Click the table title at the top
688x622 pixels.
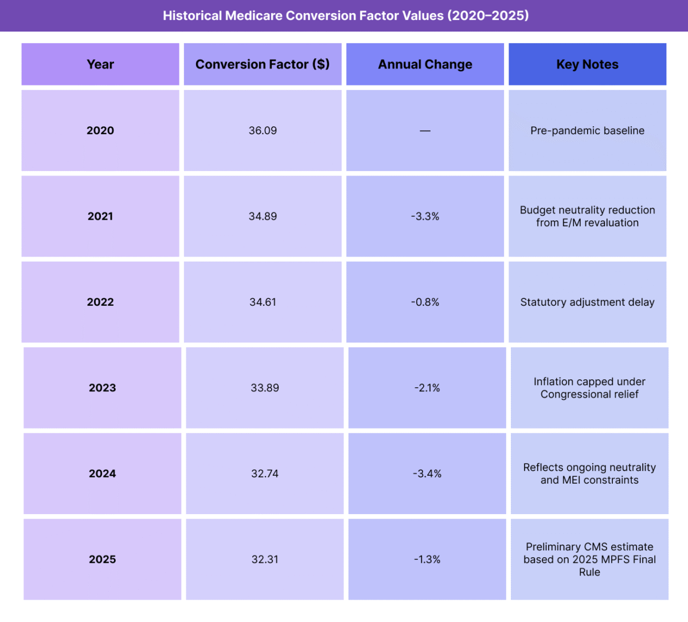click(x=345, y=15)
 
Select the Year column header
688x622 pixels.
click(x=100, y=64)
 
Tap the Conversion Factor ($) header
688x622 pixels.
click(x=263, y=64)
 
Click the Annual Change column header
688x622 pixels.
click(x=425, y=64)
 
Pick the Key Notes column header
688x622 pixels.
click(x=587, y=64)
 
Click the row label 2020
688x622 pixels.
click(x=100, y=130)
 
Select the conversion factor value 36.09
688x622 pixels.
click(x=263, y=130)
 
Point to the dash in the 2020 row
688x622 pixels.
click(x=425, y=131)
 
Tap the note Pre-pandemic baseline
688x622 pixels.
click(x=587, y=130)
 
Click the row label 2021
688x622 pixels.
click(x=100, y=216)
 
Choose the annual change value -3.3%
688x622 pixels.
click(x=425, y=216)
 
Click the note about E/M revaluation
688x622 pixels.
click(x=587, y=216)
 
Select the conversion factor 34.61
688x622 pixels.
click(x=263, y=302)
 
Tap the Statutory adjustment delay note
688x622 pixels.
click(x=587, y=302)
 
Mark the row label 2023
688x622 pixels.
click(x=103, y=388)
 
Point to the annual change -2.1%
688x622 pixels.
click(x=427, y=388)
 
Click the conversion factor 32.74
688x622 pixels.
click(x=265, y=473)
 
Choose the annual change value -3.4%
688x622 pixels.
click(x=427, y=473)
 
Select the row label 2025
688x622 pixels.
click(x=103, y=559)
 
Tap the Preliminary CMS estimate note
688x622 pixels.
click(x=589, y=559)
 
